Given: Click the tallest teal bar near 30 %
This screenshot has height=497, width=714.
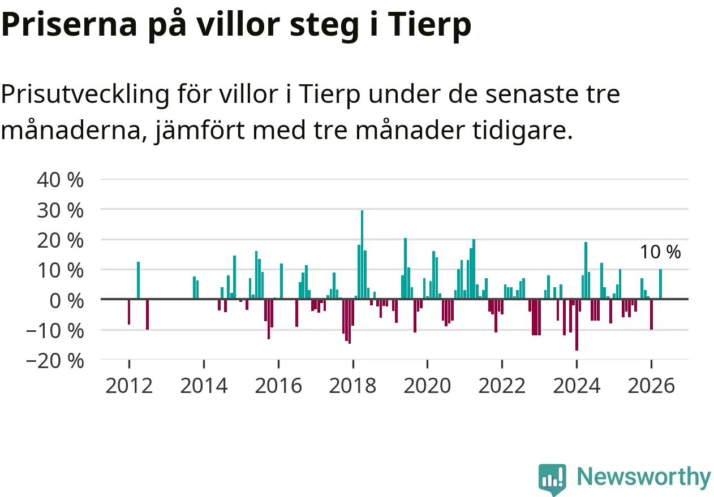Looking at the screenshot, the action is [362, 254].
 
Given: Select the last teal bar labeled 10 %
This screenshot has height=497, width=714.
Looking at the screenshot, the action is [660, 284].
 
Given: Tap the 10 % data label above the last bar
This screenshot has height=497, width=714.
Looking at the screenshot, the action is [660, 252].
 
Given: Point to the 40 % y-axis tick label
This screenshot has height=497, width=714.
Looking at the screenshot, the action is [60, 180].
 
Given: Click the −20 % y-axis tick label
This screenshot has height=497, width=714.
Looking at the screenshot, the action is [55, 361].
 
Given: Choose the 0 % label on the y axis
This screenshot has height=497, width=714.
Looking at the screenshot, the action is [67, 301].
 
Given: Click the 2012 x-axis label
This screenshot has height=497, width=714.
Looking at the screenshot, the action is [129, 386].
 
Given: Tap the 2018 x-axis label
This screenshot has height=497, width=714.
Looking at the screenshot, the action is [352, 386].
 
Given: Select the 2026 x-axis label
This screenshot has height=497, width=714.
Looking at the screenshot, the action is [651, 386].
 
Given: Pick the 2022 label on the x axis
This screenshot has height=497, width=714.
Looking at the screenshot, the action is [502, 386].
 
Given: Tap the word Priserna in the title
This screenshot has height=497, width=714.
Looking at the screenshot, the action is [69, 24].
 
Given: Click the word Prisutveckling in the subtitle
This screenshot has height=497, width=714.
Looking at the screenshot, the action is [85, 94].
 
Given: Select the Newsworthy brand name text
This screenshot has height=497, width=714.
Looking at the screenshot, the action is [644, 476].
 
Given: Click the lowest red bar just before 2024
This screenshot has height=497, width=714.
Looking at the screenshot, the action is [577, 325].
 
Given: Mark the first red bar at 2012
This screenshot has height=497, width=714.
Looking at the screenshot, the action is [129, 312].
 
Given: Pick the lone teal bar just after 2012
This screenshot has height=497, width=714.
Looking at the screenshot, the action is [139, 280].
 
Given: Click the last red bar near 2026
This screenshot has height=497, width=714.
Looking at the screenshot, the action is [651, 314].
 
